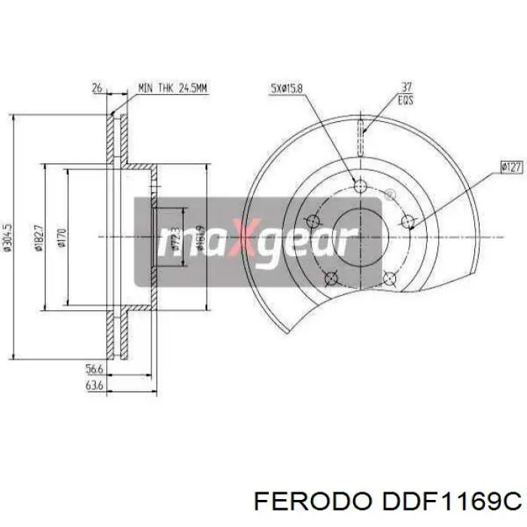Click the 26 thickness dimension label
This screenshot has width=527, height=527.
click(x=97, y=89)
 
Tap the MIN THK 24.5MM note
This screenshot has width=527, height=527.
click(x=173, y=89)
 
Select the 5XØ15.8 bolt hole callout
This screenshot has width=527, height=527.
click(x=286, y=89)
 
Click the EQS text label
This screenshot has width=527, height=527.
click(x=407, y=99)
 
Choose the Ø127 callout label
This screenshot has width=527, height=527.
click(x=510, y=168)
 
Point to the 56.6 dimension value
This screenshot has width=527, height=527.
click(x=94, y=370)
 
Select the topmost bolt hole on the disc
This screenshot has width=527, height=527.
click(x=358, y=184)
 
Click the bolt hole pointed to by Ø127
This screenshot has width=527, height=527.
click(x=408, y=221)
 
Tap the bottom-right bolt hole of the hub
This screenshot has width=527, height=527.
click(x=389, y=279)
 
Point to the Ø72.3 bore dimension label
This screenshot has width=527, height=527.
click(x=175, y=238)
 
